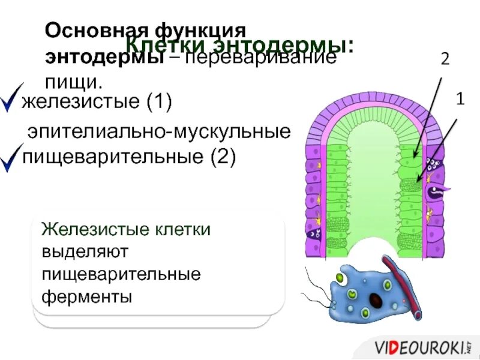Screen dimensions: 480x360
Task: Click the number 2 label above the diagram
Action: [x=445, y=59]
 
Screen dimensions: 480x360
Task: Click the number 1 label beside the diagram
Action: [x=460, y=100]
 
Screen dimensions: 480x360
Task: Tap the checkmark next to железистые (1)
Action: [x=12, y=98]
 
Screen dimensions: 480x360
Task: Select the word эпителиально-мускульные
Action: [x=160, y=131]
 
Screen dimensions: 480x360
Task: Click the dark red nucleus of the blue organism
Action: [x=377, y=299]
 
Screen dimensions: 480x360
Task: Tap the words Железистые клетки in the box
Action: [x=125, y=229]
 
